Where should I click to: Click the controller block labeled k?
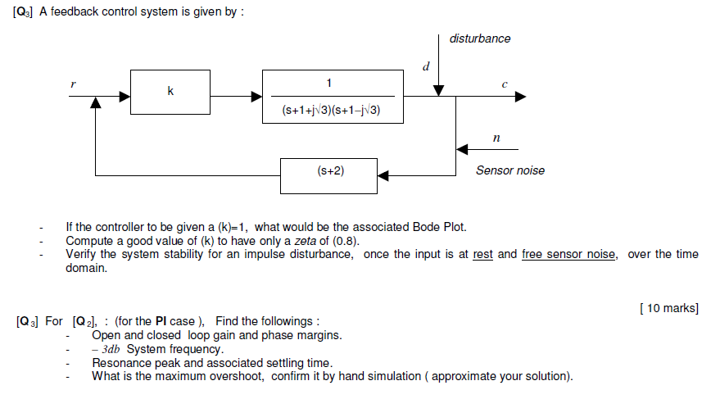tap(170, 91)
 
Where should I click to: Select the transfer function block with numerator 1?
tap(333, 96)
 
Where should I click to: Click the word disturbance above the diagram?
tap(480, 39)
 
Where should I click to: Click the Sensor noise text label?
tap(509, 170)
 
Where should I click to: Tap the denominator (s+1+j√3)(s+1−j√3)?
tap(333, 109)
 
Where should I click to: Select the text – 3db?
tap(108, 348)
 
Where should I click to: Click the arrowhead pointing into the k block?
tap(125, 96)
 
